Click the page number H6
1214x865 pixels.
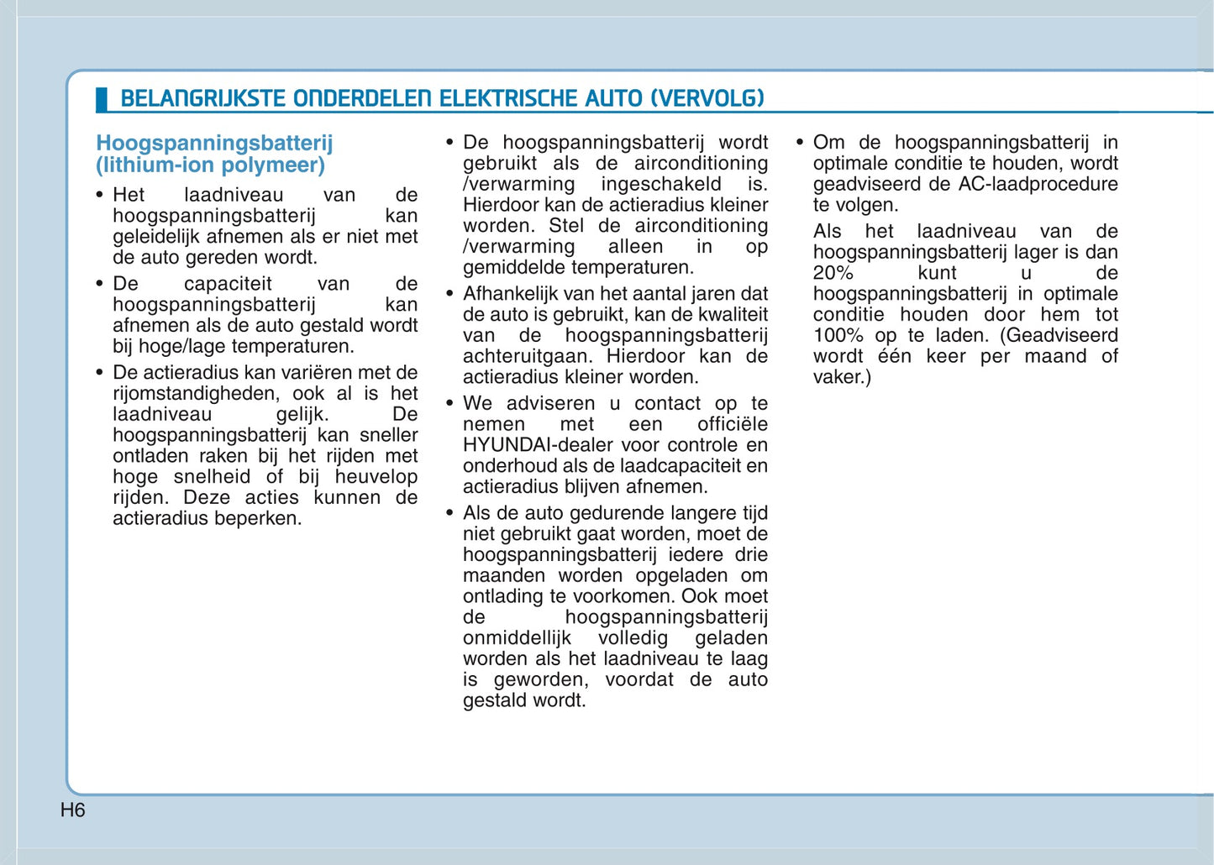point(73,810)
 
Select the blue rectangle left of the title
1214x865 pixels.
point(102,99)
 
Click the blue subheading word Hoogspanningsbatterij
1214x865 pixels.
point(214,144)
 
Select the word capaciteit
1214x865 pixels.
point(228,284)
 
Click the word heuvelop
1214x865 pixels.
point(376,477)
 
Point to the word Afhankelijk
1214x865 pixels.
point(514,294)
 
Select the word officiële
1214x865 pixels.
point(732,424)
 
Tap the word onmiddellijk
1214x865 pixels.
point(517,638)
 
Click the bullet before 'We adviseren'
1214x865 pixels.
point(449,403)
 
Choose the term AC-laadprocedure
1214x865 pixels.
point(1038,184)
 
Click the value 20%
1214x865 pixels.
point(833,273)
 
